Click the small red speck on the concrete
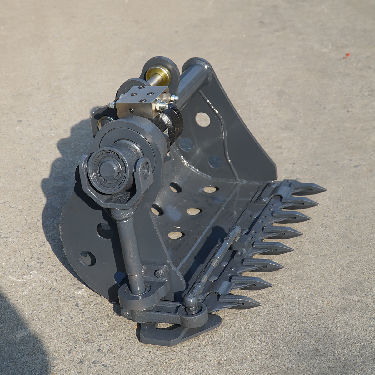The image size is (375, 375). (346, 56)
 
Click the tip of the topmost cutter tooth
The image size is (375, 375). (325, 189)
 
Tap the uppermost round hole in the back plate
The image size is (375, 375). (203, 119)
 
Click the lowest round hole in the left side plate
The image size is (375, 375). (87, 258)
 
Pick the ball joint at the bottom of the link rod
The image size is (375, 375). (190, 300)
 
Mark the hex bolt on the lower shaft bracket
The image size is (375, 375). (160, 273)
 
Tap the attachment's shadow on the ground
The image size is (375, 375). (62, 175)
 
